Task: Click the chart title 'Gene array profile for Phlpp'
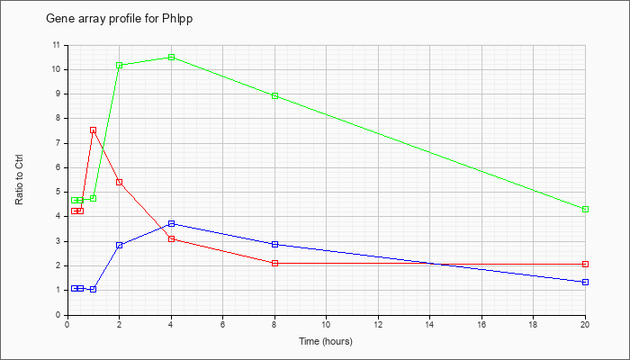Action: (120, 19)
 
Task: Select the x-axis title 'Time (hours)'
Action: (326, 341)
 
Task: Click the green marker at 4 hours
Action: (171, 57)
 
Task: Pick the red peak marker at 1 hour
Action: (94, 130)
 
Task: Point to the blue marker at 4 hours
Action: (171, 224)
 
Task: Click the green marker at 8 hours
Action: (274, 95)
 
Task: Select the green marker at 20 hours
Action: (585, 210)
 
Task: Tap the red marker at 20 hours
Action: (585, 264)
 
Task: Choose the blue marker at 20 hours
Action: (585, 282)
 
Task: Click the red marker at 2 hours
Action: (120, 183)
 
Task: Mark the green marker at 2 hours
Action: (120, 65)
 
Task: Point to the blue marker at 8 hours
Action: (274, 244)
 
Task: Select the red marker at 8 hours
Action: (274, 263)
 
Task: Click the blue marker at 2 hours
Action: (120, 245)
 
